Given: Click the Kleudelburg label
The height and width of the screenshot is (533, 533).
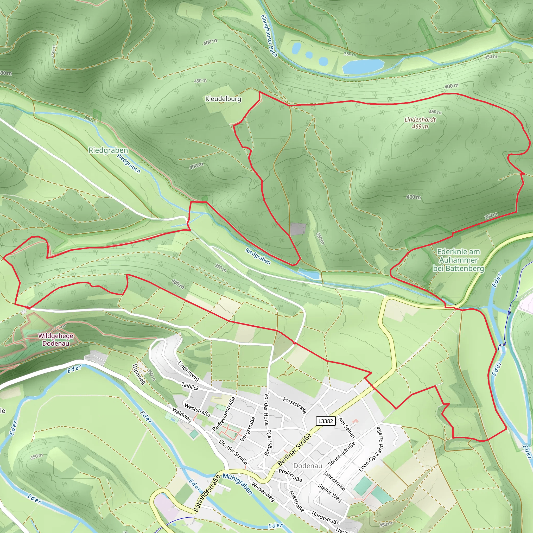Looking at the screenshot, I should click(x=223, y=99).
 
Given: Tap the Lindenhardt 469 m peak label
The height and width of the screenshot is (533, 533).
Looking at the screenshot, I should click(x=420, y=123).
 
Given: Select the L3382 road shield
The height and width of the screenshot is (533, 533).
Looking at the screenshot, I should click(x=326, y=421).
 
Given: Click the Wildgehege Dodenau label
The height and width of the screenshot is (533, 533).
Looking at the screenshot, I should click(x=56, y=340).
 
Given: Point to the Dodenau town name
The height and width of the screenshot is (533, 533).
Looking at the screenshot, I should click(x=308, y=466).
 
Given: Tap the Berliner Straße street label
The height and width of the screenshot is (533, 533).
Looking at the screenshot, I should click(x=294, y=450).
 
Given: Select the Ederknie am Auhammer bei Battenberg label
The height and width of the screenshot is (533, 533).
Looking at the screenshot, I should click(x=458, y=260).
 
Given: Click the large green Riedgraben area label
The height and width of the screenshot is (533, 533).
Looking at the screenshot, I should click(x=108, y=150).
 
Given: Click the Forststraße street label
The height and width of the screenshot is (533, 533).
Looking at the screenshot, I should click(x=295, y=405).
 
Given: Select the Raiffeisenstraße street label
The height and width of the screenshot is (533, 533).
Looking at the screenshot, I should click(x=224, y=414).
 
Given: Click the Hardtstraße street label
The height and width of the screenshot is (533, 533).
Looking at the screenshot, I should click(x=326, y=518).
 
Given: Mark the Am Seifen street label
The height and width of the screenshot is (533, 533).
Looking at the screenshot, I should click(x=346, y=428).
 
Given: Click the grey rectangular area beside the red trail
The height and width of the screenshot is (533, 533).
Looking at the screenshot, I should click(x=298, y=229).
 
